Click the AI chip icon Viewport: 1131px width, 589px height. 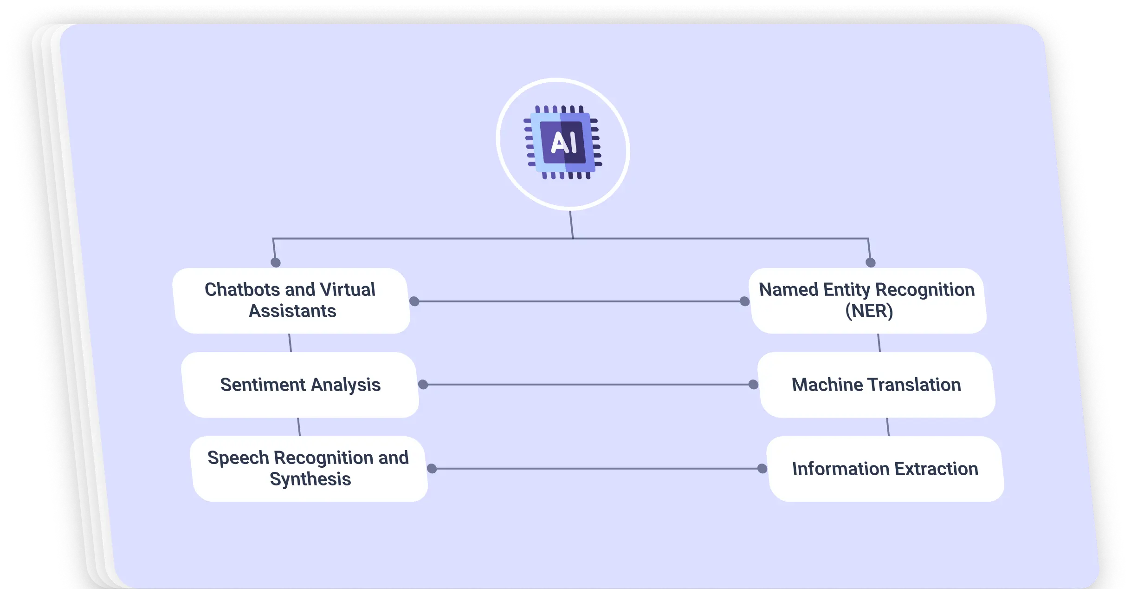(563, 143)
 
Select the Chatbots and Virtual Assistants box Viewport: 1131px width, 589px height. (291, 301)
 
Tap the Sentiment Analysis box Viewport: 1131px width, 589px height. (300, 385)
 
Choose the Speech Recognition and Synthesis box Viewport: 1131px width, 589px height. (309, 468)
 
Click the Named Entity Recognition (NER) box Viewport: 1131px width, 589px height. (867, 301)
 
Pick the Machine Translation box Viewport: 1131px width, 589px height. (876, 385)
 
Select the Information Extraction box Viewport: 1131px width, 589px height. (885, 469)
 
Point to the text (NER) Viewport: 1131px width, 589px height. (869, 311)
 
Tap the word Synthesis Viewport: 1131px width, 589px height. (310, 479)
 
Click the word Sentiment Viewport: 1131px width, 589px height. (263, 385)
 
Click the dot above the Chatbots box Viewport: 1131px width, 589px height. (276, 262)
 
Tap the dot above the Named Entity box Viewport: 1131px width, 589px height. (871, 262)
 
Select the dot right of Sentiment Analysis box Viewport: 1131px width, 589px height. (423, 385)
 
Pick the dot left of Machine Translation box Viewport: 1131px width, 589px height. (753, 385)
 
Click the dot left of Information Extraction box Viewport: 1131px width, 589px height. (762, 469)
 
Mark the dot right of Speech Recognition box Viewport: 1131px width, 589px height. (432, 469)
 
